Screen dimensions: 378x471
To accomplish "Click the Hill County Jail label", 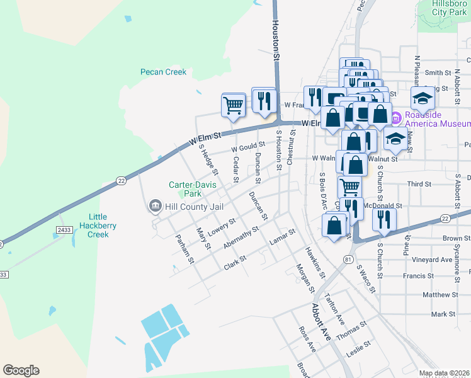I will click(188, 205).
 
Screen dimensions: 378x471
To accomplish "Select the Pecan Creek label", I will click(163, 72).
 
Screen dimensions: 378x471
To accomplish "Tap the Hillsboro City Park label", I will click(448, 8).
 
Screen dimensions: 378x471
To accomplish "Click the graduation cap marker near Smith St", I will click(423, 98).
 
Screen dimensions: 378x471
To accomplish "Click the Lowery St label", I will click(222, 226).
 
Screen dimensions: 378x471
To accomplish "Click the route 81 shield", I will click(348, 259).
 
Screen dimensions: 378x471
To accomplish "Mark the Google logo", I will click(21, 370).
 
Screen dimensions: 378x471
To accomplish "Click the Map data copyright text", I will click(444, 373).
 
